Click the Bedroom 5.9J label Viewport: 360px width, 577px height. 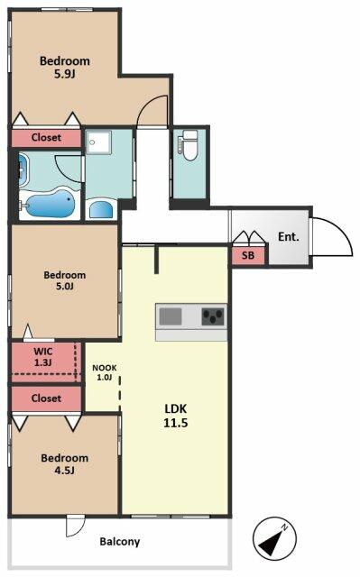(x=65, y=68)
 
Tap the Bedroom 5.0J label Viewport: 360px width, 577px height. (x=65, y=280)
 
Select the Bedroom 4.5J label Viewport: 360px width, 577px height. (x=65, y=463)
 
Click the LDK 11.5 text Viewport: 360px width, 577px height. (x=176, y=416)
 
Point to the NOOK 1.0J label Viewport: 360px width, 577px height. (x=105, y=372)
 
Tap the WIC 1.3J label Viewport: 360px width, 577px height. (x=43, y=357)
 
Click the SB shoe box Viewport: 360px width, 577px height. (x=248, y=255)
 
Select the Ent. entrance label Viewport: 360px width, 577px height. (x=289, y=236)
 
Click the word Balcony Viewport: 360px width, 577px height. (x=120, y=542)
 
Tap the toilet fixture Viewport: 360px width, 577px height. (x=189, y=145)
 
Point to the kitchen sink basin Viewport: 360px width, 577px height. (x=170, y=316)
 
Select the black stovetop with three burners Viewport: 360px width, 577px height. (x=213, y=316)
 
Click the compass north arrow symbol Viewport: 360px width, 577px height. (x=274, y=539)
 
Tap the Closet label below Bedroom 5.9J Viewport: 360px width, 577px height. (x=46, y=138)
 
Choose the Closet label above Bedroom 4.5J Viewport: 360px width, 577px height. (x=46, y=398)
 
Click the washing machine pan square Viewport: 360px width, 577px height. (x=98, y=142)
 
